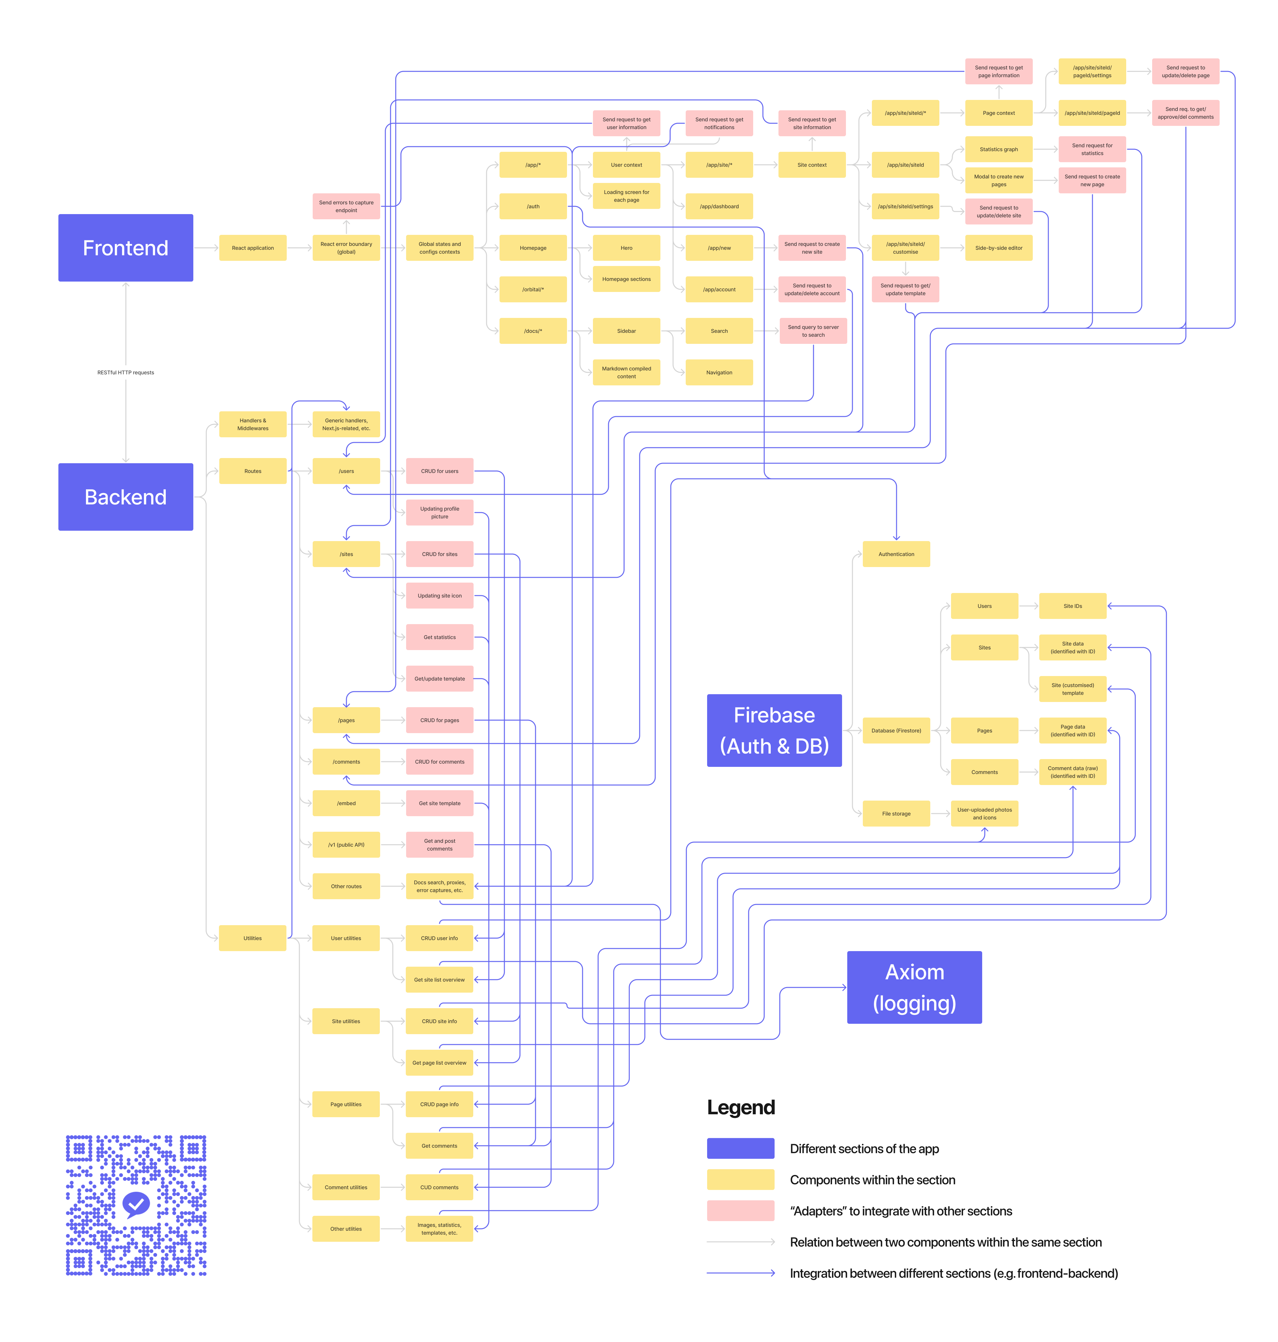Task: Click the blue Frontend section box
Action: coord(125,248)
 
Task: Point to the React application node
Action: coord(253,248)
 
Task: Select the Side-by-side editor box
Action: coord(999,248)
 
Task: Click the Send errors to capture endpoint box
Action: coord(346,206)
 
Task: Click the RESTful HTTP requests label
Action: coord(125,373)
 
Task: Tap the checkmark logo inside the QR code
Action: coord(136,1204)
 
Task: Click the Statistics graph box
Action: coord(999,149)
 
